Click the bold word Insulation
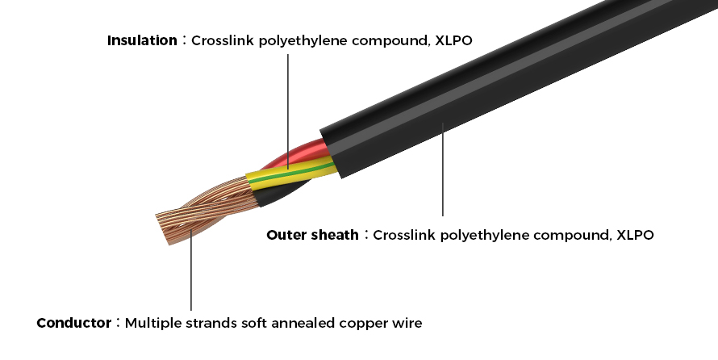coord(141,40)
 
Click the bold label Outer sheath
coord(312,236)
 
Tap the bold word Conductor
coord(74,324)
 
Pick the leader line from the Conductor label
coord(191,274)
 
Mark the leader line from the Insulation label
coord(287,105)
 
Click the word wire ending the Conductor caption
coord(409,324)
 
